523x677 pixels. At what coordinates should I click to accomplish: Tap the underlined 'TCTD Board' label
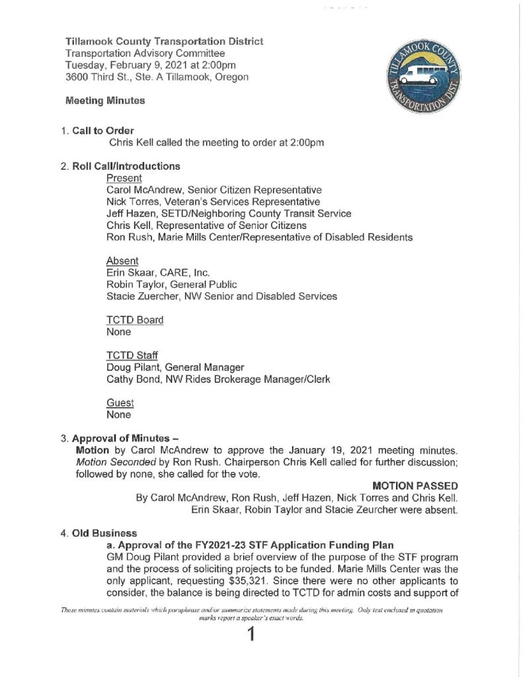135,320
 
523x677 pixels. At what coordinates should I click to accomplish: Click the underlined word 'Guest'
120,403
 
